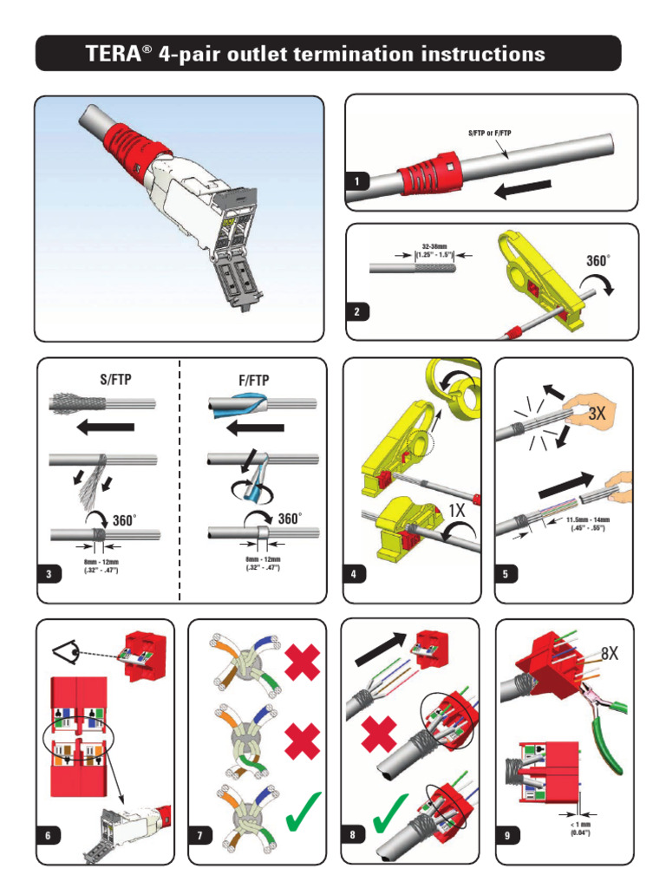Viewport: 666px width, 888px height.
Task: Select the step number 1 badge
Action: click(356, 181)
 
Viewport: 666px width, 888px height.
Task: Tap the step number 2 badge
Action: click(356, 313)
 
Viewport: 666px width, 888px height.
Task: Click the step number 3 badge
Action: click(50, 574)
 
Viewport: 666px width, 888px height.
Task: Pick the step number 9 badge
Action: click(506, 836)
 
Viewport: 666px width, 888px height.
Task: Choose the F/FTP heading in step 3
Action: click(251, 380)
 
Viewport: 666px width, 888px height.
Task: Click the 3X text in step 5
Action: click(597, 415)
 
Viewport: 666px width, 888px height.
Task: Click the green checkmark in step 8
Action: click(392, 817)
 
